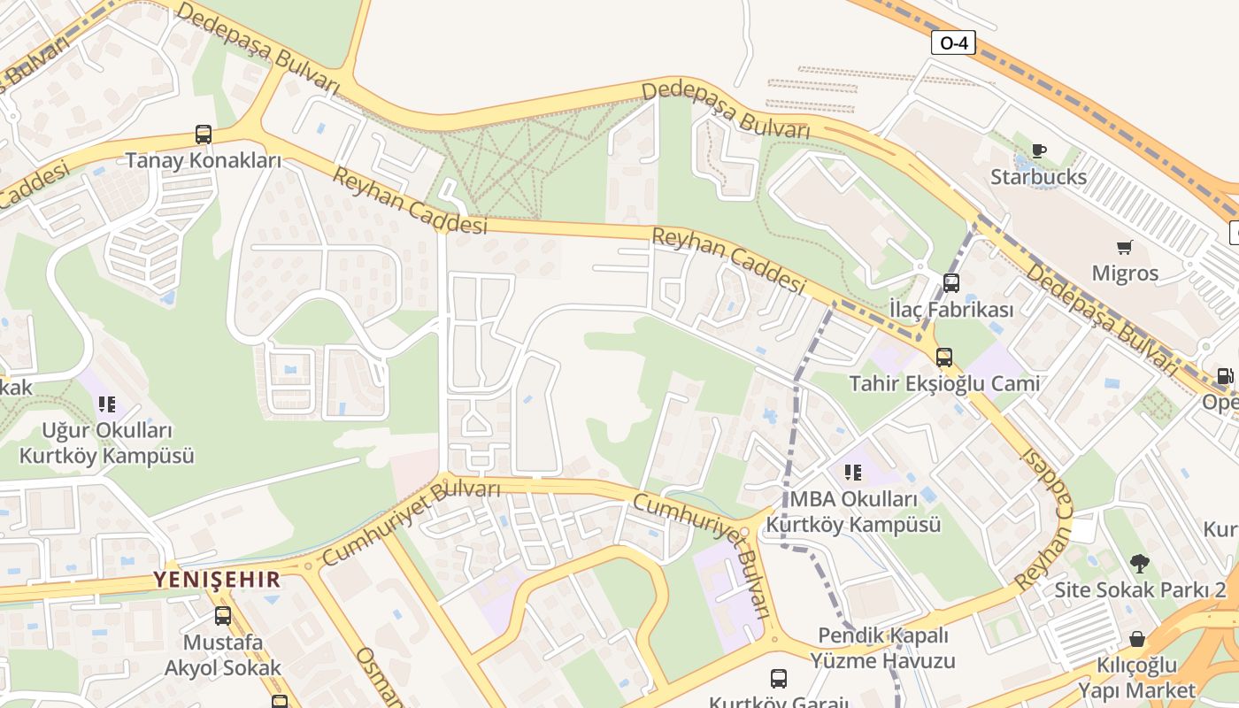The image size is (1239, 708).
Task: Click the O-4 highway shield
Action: pos(953,42)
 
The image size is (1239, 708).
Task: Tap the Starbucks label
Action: pos(1038,177)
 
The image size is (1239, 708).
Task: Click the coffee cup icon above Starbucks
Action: pos(1039,151)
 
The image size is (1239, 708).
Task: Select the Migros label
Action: pos(1125,273)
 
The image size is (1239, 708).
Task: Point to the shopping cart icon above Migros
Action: pos(1125,248)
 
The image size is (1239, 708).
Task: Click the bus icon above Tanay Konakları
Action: pos(204,135)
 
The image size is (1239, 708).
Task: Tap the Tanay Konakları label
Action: pos(204,161)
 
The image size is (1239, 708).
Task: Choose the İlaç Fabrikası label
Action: pos(951,311)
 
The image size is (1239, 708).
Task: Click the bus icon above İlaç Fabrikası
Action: pos(951,284)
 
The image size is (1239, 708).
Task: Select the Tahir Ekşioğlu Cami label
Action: pos(944,384)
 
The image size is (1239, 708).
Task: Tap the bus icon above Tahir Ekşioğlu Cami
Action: pos(944,358)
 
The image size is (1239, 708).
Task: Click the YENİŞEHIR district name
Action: pos(217,581)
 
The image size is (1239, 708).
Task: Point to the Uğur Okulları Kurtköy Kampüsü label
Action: pos(107,443)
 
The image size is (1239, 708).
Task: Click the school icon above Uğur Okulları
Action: pos(107,405)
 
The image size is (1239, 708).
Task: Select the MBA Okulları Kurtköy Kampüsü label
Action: pos(853,512)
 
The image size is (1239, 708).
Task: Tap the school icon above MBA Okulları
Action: pos(853,473)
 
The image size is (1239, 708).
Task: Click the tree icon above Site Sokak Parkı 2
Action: pos(1139,564)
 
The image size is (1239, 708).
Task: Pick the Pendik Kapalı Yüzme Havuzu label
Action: pos(883,648)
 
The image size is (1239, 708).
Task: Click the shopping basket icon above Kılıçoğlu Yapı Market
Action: pos(1137,639)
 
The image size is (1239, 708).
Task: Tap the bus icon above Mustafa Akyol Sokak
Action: pos(223,616)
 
